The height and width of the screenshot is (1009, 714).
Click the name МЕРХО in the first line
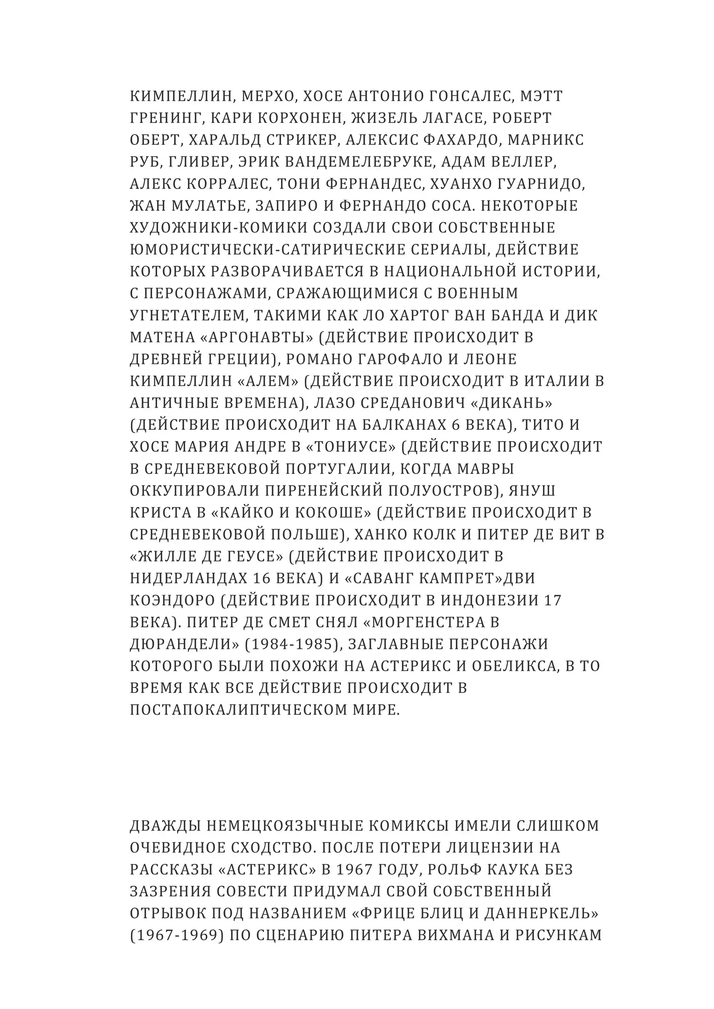pos(267,96)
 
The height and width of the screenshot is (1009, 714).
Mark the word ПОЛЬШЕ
pos(304,534)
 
